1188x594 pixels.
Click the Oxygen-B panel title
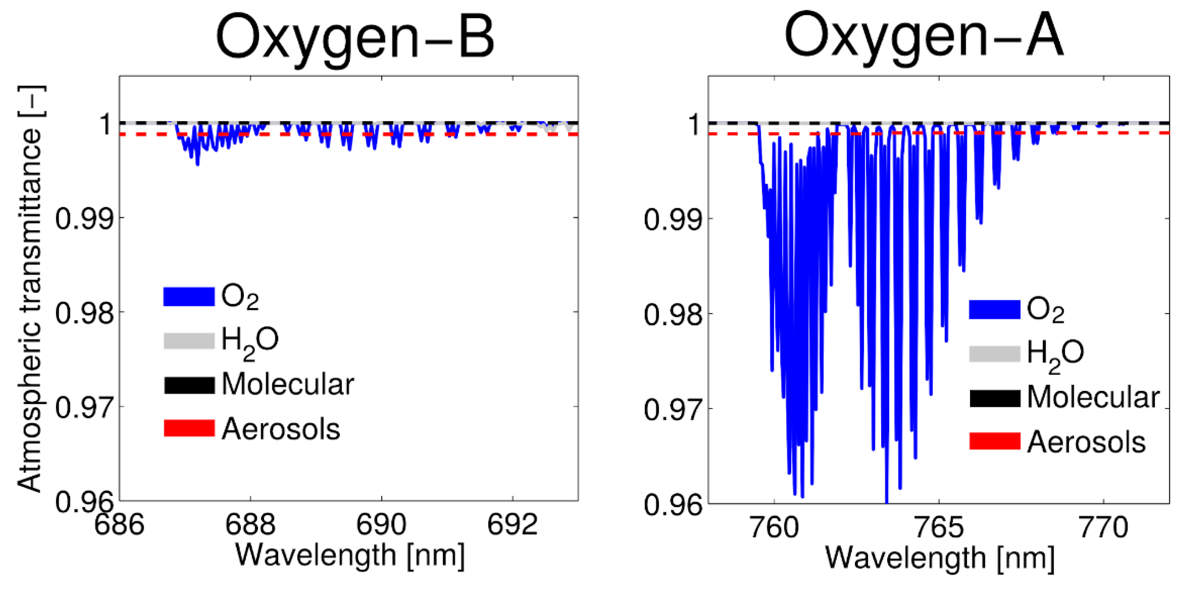click(x=355, y=38)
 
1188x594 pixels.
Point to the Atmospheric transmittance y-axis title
click(x=30, y=289)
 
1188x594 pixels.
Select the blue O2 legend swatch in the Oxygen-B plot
click(x=189, y=296)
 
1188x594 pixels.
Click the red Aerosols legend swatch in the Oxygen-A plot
click(x=994, y=441)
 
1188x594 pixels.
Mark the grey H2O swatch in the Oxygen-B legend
click(x=189, y=341)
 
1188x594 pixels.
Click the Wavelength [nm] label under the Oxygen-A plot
click(x=939, y=558)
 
